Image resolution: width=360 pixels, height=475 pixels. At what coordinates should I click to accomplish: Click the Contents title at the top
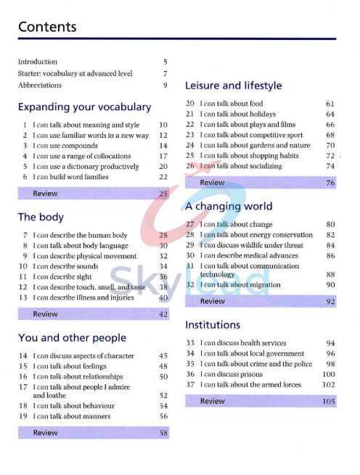47,27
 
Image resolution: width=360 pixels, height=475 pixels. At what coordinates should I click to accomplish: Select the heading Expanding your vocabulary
84,107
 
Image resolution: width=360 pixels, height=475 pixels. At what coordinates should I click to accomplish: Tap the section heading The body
41,217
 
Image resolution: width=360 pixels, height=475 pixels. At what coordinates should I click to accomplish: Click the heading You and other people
72,338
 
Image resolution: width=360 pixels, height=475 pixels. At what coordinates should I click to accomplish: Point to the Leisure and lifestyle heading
233,86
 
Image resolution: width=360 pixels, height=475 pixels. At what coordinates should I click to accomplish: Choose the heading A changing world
229,207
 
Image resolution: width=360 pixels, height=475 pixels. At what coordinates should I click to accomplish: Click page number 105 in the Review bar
329,401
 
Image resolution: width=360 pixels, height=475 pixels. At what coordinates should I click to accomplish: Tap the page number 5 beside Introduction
165,62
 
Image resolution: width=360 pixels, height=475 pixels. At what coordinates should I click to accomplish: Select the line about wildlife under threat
251,245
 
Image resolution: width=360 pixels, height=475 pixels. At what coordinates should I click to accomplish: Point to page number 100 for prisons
329,374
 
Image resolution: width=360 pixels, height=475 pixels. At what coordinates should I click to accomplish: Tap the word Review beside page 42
45,314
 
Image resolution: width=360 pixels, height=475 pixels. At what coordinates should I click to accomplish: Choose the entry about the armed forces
250,384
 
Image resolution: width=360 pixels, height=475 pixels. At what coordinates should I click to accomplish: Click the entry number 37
191,384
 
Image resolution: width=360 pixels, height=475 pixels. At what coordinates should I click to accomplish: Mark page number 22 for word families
163,177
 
